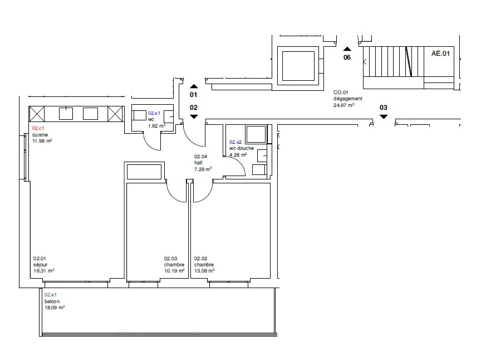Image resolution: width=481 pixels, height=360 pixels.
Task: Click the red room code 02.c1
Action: [x=38, y=128]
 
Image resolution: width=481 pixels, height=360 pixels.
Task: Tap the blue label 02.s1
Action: [x=154, y=113]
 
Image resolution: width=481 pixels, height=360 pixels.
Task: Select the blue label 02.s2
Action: [x=235, y=142]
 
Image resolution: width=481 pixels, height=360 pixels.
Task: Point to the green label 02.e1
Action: [x=51, y=295]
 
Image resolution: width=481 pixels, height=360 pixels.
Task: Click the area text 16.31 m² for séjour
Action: [x=44, y=271]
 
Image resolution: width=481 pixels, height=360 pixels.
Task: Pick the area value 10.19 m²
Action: [x=174, y=271]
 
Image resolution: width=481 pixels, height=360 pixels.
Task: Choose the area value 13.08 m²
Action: [x=204, y=271]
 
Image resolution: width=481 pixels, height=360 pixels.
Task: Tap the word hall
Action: [x=198, y=163]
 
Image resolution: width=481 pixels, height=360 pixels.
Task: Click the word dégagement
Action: [x=348, y=99]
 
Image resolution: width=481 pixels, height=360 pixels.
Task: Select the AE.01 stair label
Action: [x=440, y=53]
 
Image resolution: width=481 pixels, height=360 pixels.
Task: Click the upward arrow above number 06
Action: [x=347, y=49]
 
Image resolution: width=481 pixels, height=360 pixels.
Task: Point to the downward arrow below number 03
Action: [x=384, y=116]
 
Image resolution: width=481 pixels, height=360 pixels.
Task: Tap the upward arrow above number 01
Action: [x=194, y=86]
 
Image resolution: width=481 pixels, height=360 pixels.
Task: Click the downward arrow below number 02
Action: [x=194, y=116]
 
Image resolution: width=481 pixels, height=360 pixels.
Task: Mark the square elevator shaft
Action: [x=298, y=66]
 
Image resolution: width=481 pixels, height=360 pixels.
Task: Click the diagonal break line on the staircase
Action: [x=409, y=61]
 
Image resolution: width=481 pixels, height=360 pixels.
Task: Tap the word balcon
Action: [x=52, y=301]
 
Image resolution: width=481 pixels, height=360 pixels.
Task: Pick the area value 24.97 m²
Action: [x=344, y=105]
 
